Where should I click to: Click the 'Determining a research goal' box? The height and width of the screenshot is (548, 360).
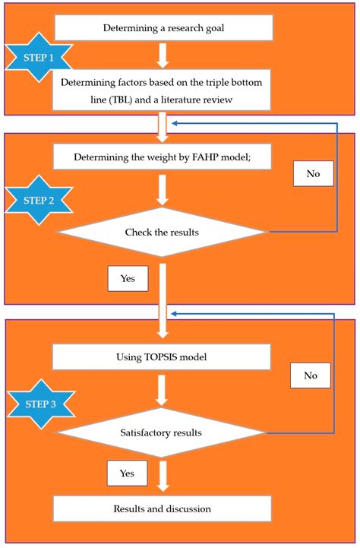pyautogui.click(x=163, y=29)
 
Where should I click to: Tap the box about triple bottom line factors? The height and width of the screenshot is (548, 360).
pyautogui.click(x=163, y=90)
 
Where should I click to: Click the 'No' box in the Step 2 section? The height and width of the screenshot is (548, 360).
pyautogui.click(x=314, y=174)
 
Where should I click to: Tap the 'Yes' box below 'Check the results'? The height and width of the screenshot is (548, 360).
pyautogui.click(x=128, y=278)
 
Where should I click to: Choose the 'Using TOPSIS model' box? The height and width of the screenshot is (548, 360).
pyautogui.click(x=161, y=356)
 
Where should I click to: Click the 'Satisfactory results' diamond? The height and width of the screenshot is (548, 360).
pyautogui.click(x=163, y=433)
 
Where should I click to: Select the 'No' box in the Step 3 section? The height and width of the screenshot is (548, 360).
pyautogui.click(x=311, y=375)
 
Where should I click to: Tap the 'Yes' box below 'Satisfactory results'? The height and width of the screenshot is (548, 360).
pyautogui.click(x=127, y=473)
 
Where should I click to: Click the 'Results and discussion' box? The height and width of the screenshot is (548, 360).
pyautogui.click(x=163, y=508)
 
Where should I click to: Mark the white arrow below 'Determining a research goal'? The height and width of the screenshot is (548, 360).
pyautogui.click(x=163, y=55)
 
